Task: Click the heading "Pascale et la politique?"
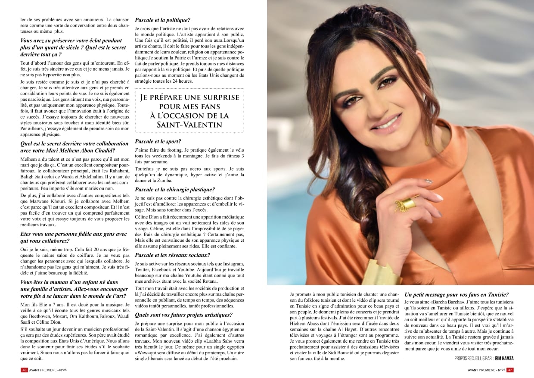[163, 20]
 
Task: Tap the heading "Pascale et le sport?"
[158, 141]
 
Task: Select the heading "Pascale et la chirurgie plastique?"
[175, 189]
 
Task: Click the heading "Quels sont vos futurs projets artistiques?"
[183, 315]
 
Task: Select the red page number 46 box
[25, 370]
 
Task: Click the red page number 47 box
[509, 370]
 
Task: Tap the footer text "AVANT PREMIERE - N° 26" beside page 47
[486, 370]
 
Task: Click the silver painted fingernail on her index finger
[428, 181]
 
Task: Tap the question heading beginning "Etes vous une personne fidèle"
[73, 237]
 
